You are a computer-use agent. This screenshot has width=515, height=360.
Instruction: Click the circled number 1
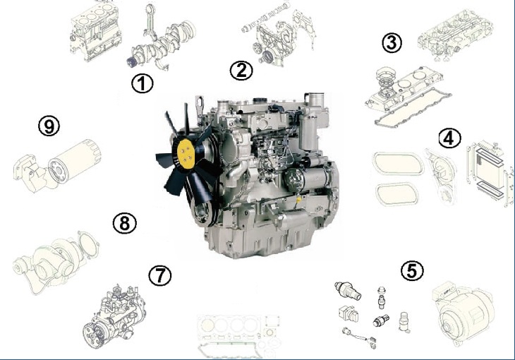[x=143, y=83]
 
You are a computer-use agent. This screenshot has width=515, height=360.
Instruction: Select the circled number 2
[x=241, y=71]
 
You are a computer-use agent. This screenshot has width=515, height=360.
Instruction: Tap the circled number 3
[x=392, y=43]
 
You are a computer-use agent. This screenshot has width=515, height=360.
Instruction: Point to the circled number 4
[x=449, y=138]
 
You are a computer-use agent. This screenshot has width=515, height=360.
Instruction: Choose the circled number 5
[x=412, y=270]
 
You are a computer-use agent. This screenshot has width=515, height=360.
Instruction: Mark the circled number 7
[x=160, y=275]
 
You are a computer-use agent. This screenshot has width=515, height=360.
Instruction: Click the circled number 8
[x=125, y=224]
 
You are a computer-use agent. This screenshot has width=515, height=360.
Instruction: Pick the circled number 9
[x=49, y=126]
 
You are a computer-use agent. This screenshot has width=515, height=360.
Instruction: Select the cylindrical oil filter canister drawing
[x=74, y=161]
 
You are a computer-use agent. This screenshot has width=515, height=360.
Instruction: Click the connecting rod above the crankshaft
[x=152, y=20]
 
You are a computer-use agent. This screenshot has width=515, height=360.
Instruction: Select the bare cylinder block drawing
[x=96, y=32]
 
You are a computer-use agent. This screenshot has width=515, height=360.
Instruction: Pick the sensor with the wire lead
[x=360, y=337]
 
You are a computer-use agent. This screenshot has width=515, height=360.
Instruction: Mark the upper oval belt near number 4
[x=398, y=163]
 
